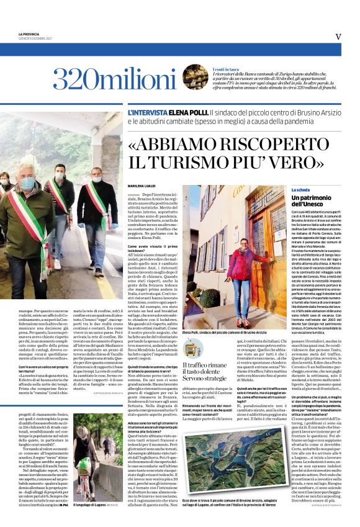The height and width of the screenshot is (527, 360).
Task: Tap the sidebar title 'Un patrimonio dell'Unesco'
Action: tap(315, 200)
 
